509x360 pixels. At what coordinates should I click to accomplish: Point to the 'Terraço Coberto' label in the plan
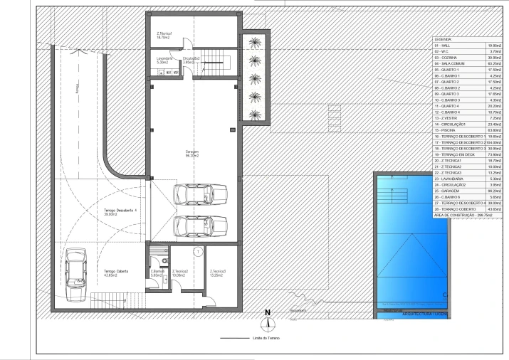pyautogui.click(x=115, y=273)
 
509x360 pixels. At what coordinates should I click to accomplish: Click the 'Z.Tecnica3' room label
pyautogui.click(x=218, y=273)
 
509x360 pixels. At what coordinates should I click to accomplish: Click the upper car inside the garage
pyautogui.click(x=201, y=194)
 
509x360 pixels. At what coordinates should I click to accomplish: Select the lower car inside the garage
pyautogui.click(x=201, y=226)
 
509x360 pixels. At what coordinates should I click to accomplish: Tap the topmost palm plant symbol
pyautogui.click(x=254, y=43)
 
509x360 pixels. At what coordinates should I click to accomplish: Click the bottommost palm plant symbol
pyautogui.click(x=254, y=113)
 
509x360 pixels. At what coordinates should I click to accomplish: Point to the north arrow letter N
pyautogui.click(x=268, y=312)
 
